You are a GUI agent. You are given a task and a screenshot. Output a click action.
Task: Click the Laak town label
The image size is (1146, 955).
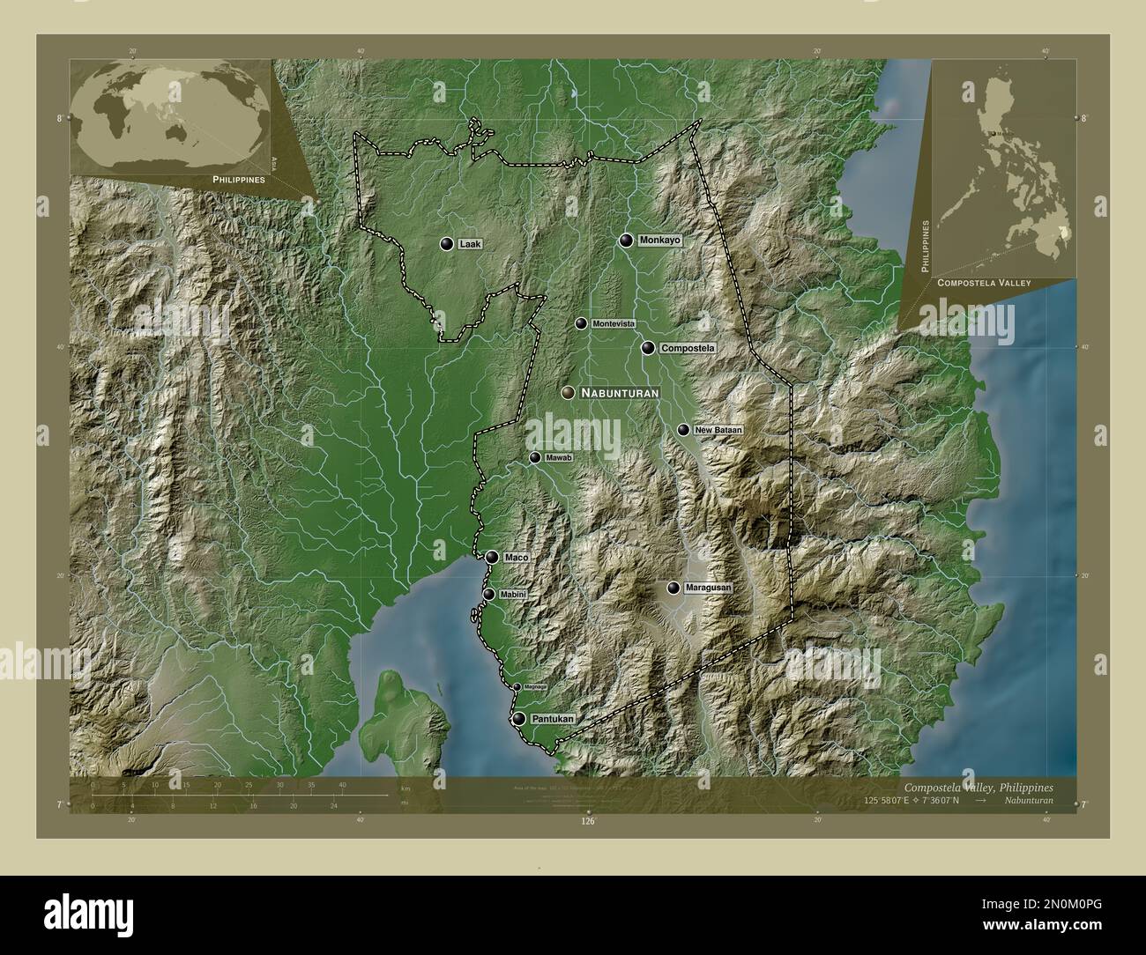coord(470,244)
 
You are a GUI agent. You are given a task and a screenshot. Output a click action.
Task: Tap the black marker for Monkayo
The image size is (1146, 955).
coord(626,240)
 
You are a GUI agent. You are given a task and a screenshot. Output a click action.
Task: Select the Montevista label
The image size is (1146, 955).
coord(614,324)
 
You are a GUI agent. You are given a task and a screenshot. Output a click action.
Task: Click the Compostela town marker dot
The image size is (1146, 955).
coord(648,349)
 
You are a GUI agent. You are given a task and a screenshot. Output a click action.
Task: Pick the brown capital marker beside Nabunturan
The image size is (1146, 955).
coord(568,393)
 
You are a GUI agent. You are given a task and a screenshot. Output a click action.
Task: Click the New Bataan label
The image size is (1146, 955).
coord(718,430)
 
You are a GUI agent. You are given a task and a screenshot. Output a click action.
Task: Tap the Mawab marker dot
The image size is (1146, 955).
coord(535,458)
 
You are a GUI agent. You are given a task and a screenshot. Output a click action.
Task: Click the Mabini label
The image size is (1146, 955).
coord(513,595)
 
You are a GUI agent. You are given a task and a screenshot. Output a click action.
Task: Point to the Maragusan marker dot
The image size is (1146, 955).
coord(674,588)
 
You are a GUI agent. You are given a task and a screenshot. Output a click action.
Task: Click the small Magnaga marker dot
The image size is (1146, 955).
coord(517,687)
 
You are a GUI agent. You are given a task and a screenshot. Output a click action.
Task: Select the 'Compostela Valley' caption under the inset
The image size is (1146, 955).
coord(984,283)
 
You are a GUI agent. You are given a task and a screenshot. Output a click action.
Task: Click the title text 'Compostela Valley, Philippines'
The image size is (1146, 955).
coord(978,787)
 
